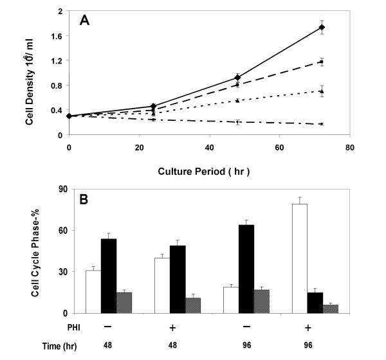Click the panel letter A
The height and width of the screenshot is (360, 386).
85,21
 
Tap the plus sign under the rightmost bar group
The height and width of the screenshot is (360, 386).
315,328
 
